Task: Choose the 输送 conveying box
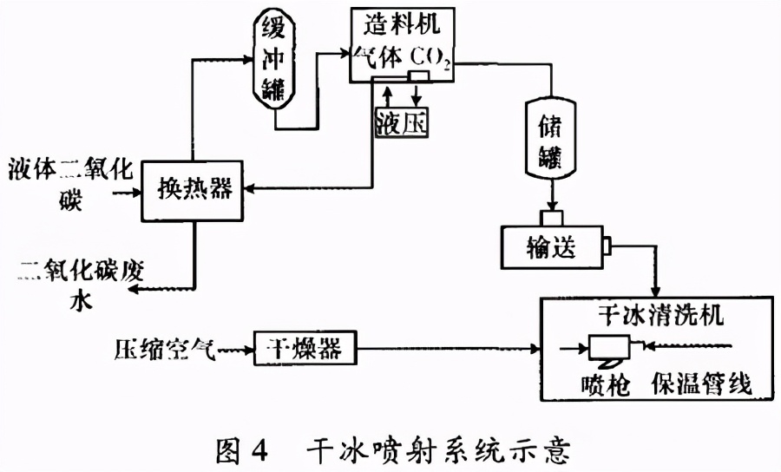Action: pos(550,247)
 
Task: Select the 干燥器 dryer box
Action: pos(305,348)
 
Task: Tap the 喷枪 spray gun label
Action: pos(600,382)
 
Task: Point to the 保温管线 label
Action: pos(699,382)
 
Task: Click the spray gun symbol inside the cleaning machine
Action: pos(613,349)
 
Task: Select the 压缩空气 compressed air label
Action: pos(161,350)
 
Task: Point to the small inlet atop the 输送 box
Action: pos(550,217)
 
